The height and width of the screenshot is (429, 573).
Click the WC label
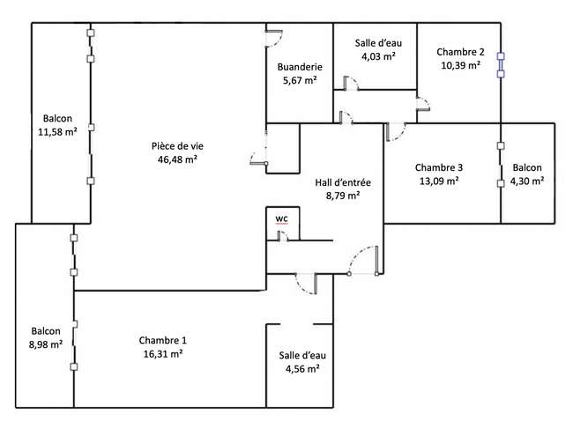(x=281, y=218)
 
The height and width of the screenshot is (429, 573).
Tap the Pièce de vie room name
(x=177, y=146)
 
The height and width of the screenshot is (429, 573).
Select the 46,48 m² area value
(x=177, y=159)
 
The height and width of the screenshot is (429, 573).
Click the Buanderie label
(x=300, y=67)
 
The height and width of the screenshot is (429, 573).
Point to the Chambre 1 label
(x=162, y=340)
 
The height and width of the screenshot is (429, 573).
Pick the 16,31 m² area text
(x=163, y=353)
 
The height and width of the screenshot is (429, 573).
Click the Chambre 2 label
(x=460, y=52)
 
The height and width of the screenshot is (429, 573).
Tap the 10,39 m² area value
(x=460, y=65)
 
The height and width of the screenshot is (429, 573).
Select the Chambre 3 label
(x=439, y=167)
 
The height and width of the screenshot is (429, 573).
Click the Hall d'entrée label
(x=343, y=182)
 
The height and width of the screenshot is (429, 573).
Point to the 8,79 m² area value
(x=343, y=196)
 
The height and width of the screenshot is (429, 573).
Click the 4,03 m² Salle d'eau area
(x=378, y=56)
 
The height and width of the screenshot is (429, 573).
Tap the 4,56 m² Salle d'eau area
(x=302, y=368)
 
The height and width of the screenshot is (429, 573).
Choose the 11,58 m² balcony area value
(x=57, y=131)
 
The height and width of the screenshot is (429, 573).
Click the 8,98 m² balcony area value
(x=46, y=344)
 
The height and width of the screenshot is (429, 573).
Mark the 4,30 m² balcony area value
(x=527, y=181)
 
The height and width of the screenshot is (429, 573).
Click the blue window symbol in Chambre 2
(x=501, y=65)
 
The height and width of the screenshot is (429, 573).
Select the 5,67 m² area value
(x=300, y=80)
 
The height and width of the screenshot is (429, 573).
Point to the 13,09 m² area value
(x=439, y=181)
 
